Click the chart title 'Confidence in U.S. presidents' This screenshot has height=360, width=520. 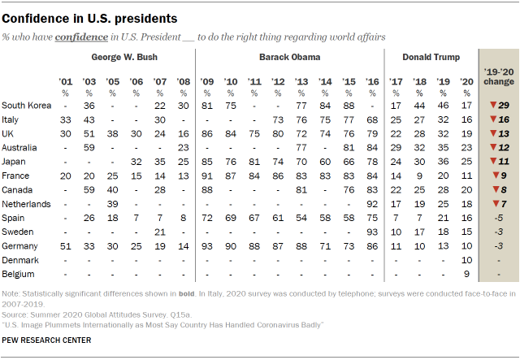coord(91,17)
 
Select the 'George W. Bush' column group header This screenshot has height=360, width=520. coord(124,58)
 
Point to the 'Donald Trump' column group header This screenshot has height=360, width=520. coord(431,58)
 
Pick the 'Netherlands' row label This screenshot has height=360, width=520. coord(28,204)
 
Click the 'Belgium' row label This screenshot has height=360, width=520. coord(21,273)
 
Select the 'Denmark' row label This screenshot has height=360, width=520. coord(23,259)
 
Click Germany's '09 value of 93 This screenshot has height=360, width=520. coord(208,245)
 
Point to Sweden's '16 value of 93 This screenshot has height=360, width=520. coord(373,232)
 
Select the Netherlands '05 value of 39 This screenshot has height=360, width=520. coord(114,204)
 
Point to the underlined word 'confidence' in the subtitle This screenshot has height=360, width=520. coord(84,37)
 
